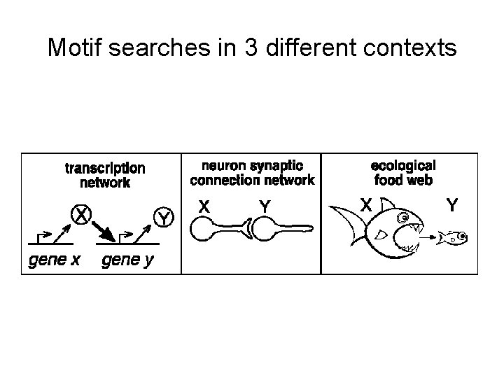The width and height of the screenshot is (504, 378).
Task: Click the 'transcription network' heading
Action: point(105,175)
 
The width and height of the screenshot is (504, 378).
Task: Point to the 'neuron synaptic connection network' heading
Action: point(252,173)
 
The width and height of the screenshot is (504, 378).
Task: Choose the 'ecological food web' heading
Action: point(402,172)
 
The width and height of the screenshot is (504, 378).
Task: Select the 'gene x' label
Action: point(55,261)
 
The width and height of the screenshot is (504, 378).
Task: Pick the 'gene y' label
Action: point(129,261)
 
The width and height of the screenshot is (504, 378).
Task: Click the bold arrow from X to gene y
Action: point(106,229)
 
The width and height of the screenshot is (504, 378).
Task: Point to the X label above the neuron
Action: point(204,206)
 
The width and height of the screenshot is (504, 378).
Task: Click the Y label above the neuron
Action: point(265,206)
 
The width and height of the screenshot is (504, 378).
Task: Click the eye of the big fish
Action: point(404,219)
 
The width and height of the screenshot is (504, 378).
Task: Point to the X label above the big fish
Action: point(365,205)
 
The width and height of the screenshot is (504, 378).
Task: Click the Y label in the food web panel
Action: point(452,205)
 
